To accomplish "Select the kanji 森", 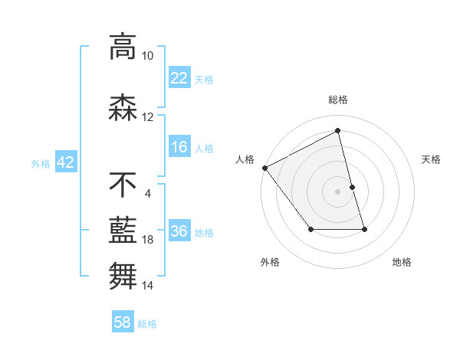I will click(x=123, y=108).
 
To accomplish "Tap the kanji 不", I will click(x=123, y=185).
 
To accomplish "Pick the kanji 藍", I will click(x=123, y=229).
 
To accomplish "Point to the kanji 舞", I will click(x=123, y=274).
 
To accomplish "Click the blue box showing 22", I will click(x=179, y=77).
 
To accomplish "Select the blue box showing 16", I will click(x=179, y=147).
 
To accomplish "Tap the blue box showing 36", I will click(x=179, y=231).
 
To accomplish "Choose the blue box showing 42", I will click(x=64, y=162).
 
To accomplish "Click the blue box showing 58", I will click(x=123, y=322).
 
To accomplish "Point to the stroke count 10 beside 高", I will click(x=147, y=56).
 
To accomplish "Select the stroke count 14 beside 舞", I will click(x=147, y=286).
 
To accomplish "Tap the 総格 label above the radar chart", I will click(x=337, y=100).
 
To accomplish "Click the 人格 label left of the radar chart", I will click(x=245, y=159).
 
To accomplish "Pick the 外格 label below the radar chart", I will click(x=270, y=263).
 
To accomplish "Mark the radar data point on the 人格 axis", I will click(x=264, y=168).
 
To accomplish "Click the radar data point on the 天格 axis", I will click(x=352, y=187).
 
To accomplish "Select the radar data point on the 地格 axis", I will click(x=364, y=229).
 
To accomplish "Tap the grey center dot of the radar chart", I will click(x=337, y=191).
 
